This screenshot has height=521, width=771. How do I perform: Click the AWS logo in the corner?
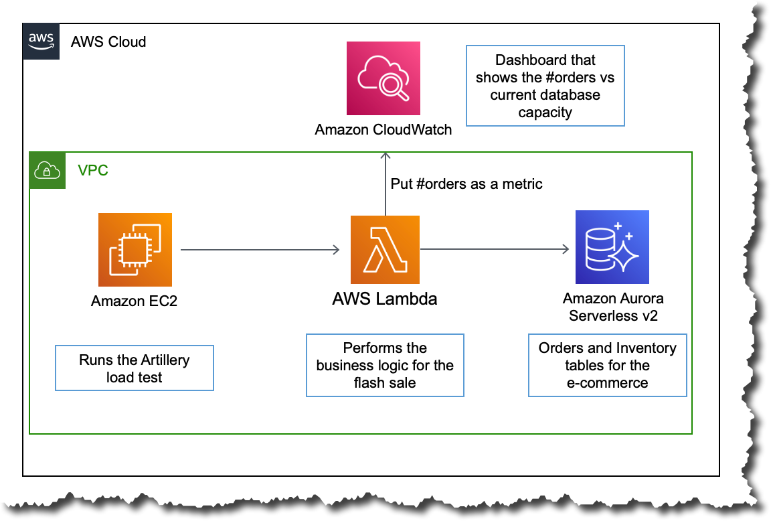41,42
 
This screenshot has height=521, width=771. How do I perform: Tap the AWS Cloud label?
108,42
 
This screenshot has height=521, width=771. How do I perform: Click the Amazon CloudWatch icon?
383,78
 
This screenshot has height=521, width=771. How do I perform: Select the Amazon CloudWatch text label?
383,129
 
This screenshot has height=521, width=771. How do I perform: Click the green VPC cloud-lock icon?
48,170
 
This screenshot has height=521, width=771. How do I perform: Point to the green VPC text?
92,170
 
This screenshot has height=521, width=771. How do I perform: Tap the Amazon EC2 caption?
135,301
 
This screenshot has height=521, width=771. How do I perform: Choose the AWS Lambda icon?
385,250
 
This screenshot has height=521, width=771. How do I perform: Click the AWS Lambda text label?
385,299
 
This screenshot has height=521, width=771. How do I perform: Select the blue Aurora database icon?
612,247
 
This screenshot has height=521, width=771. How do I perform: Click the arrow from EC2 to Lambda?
260,250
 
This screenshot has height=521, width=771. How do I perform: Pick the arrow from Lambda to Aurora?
495,250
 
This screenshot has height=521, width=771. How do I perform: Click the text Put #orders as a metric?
466,183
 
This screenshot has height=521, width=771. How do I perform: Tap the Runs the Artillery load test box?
134,368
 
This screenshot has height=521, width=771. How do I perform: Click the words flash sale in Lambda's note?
385,383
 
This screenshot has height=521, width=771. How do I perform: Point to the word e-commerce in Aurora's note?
607,383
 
